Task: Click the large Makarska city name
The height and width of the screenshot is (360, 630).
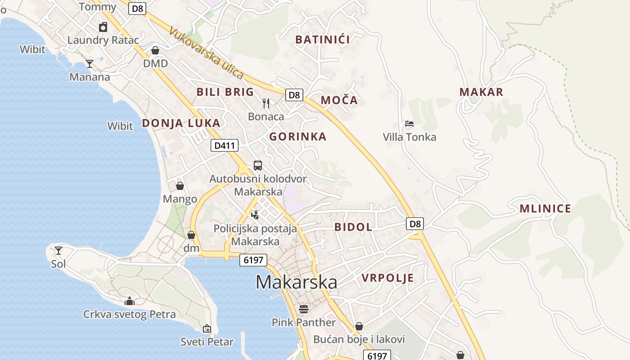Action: pyautogui.click(x=297, y=282)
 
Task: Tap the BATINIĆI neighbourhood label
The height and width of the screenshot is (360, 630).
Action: pyautogui.click(x=323, y=40)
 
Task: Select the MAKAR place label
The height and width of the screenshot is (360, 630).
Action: pyautogui.click(x=481, y=92)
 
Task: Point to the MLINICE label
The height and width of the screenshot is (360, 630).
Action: pyautogui.click(x=545, y=209)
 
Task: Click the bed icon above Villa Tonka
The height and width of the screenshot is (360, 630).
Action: pyautogui.click(x=409, y=124)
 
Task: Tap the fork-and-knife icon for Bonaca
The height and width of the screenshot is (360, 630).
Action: pyautogui.click(x=266, y=103)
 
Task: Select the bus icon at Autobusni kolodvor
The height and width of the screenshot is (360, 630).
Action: pyautogui.click(x=257, y=166)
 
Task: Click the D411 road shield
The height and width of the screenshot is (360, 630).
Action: pyautogui.click(x=224, y=145)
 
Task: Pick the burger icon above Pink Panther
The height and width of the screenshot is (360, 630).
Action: pyautogui.click(x=304, y=309)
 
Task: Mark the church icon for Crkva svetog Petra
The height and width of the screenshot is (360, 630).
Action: pyautogui.click(x=130, y=301)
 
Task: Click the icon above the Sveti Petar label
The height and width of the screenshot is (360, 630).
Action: pyautogui.click(x=207, y=328)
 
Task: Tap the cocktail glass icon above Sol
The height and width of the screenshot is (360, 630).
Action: pyautogui.click(x=58, y=250)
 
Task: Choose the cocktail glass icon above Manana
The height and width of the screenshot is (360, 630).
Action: pyautogui.click(x=90, y=63)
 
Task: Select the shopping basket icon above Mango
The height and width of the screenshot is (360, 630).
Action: pyautogui.click(x=180, y=186)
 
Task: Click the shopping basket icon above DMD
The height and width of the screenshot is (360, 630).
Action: pyautogui.click(x=155, y=50)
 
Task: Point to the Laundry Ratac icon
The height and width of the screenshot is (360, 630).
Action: pyautogui.click(x=103, y=27)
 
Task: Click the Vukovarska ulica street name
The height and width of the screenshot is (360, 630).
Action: pyautogui.click(x=206, y=53)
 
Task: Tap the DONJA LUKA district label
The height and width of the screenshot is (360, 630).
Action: pyautogui.click(x=181, y=123)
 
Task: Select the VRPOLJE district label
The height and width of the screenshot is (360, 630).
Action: pyautogui.click(x=387, y=278)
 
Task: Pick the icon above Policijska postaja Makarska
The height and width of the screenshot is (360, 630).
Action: pyautogui.click(x=255, y=215)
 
